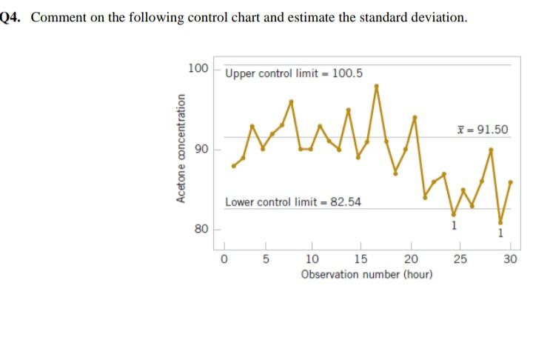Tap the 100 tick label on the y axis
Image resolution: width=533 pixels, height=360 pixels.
coord(198,69)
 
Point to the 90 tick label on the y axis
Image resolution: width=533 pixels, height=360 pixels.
coord(201,150)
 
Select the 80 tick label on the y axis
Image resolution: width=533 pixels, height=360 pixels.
coord(201,230)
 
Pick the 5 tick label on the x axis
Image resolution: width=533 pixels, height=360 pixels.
coord(266,259)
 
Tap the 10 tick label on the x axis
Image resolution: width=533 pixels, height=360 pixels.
coord(312,259)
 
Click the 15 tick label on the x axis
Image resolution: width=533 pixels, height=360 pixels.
coord(361,259)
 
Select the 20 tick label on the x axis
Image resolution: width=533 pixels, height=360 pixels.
coord(411,259)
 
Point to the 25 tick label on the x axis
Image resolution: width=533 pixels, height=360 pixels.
coord(460,259)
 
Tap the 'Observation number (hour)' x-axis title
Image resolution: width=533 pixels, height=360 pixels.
coord(366,274)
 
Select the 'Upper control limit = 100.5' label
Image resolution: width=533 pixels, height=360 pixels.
coord(293,73)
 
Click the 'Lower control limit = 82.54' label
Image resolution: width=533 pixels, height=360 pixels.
coord(292,201)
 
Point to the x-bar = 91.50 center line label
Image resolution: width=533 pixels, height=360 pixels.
coord(483,130)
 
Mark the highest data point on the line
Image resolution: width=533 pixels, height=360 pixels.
coord(376,86)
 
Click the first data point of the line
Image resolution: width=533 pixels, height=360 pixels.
coord(233,166)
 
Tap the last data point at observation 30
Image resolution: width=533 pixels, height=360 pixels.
coord(510,181)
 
